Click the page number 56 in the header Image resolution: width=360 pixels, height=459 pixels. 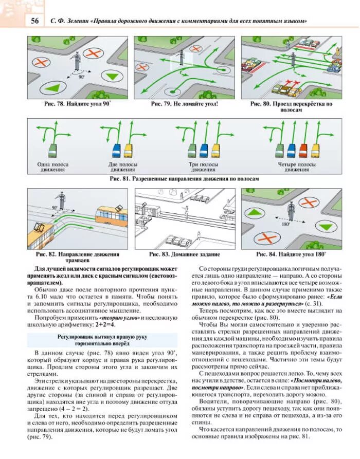click(35, 21)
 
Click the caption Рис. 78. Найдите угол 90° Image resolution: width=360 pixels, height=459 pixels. click(77, 104)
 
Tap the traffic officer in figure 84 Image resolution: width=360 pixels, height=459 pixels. click(291, 211)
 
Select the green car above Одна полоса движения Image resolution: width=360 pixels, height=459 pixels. click(52, 150)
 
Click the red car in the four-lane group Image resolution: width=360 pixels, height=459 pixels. click(302, 150)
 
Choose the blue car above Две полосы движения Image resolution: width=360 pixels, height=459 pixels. click(117, 150)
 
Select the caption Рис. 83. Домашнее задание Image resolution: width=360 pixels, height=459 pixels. click(184, 254)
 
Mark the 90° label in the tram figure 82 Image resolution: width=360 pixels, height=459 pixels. click(55, 208)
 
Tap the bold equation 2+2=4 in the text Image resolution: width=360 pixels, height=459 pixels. click(104, 325)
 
